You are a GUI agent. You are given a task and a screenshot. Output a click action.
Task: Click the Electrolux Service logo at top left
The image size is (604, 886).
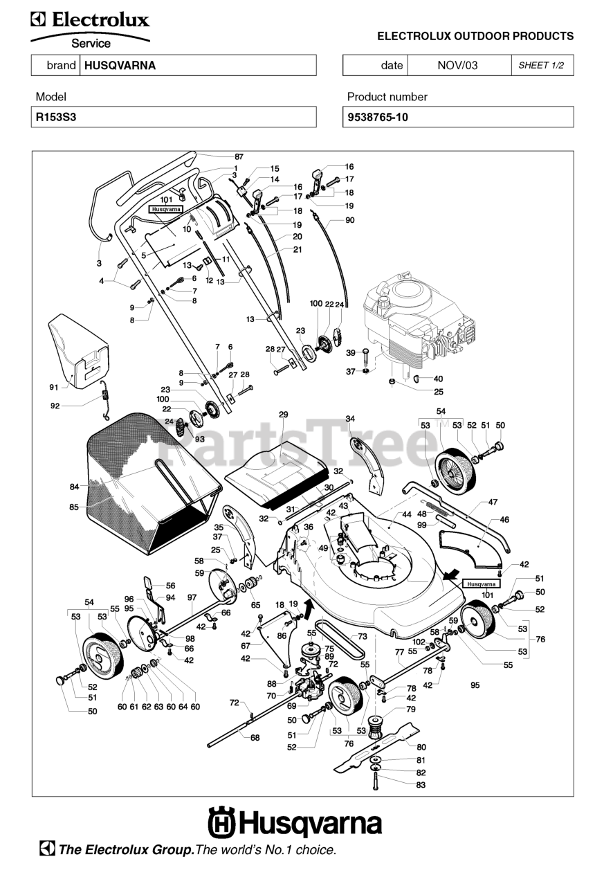(x=91, y=30)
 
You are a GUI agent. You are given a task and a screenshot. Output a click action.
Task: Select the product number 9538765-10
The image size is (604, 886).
(x=378, y=118)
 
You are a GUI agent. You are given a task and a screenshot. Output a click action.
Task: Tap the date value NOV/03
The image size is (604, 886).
(x=457, y=65)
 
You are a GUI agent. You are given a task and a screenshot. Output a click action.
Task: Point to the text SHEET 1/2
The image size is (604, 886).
(x=541, y=65)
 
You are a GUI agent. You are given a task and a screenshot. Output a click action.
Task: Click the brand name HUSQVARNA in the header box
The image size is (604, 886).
(x=120, y=65)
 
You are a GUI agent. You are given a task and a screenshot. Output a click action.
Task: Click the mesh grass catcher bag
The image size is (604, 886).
(x=153, y=484)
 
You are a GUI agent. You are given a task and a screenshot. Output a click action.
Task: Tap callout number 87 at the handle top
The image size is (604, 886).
(x=239, y=156)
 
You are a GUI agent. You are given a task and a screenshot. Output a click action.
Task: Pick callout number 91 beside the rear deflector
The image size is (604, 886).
(x=54, y=388)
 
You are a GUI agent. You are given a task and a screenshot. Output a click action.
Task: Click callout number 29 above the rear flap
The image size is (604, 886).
(x=284, y=415)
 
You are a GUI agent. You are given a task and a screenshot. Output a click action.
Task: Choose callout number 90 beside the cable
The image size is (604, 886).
(x=350, y=220)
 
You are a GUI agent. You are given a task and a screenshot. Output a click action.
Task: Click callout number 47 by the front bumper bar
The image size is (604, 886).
(x=493, y=502)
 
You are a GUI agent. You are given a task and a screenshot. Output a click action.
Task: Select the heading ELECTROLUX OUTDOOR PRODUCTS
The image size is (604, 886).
(x=475, y=37)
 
